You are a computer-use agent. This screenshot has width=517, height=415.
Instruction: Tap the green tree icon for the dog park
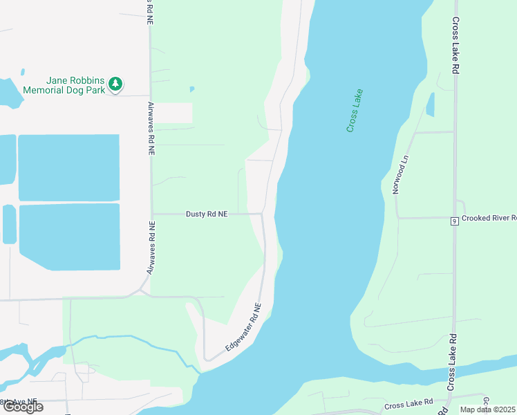(x=116, y=84)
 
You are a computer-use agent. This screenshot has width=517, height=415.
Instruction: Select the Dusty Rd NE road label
(x=206, y=214)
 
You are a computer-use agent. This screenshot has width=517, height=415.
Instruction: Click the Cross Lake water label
(x=355, y=111)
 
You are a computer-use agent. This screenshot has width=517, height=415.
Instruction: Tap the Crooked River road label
(x=489, y=218)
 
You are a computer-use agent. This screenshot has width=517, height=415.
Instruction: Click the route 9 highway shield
(x=454, y=221)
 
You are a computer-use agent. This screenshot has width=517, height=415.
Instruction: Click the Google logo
(x=22, y=407)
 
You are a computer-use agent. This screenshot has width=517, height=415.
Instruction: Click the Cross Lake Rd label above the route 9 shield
(x=455, y=47)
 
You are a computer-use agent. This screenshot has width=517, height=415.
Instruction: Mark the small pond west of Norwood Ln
(x=431, y=104)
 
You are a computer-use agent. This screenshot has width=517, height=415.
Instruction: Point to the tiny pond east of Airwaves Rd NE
(x=191, y=89)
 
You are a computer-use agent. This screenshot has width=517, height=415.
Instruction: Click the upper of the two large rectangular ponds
(x=68, y=167)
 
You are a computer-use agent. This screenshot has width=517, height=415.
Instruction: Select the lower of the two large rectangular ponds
(x=69, y=237)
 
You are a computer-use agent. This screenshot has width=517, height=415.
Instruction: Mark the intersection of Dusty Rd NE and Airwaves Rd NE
(x=152, y=214)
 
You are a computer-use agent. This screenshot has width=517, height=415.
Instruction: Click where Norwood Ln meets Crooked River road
(x=398, y=218)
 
